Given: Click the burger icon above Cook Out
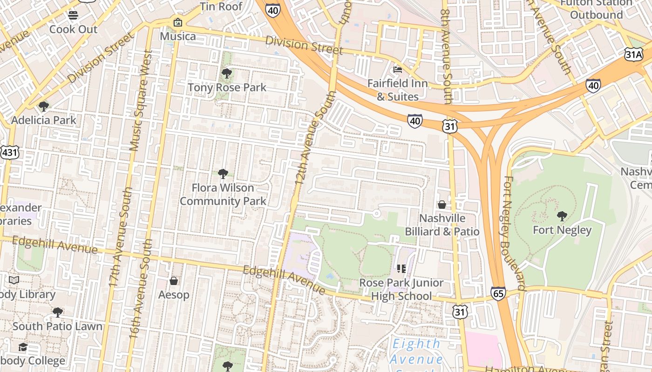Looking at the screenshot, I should coord(73,15).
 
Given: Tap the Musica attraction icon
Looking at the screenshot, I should coord(177,22).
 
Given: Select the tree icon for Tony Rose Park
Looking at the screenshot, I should coord(227,73).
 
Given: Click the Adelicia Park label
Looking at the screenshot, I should coord(43,120).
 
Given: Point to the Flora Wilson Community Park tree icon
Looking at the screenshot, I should coord(223,174).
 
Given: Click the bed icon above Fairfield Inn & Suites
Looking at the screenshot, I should coord(397,70).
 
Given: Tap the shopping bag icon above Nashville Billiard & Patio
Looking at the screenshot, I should coord(441,205).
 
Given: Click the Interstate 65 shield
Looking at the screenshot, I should coord(498,293).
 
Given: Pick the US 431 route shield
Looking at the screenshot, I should coord(9,153).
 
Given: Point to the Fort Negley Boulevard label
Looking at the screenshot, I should coord(515,232).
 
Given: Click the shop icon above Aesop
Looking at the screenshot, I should coord(174,281).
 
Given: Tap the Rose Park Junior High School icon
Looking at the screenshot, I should coord(401,269).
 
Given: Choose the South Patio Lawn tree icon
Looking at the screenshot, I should coord(57,312).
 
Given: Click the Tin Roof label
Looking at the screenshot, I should coord(221,7).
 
